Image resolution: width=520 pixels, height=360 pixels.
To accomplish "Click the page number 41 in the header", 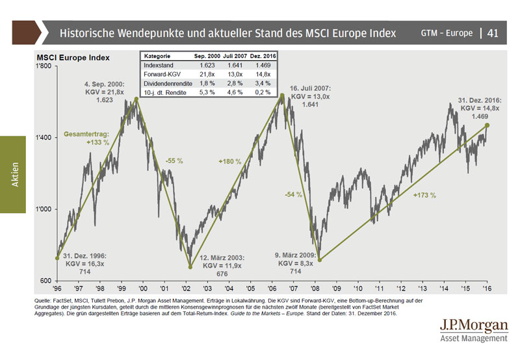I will [493, 32].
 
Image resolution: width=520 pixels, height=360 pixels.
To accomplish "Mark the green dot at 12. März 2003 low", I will [190, 267].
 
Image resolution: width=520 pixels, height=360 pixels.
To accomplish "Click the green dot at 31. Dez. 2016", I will [487, 125].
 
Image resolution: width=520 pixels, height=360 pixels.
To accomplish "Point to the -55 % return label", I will [174, 160].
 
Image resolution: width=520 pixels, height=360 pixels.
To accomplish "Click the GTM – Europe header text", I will [446, 32].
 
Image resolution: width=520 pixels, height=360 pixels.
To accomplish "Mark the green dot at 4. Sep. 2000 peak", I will [136, 99].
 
